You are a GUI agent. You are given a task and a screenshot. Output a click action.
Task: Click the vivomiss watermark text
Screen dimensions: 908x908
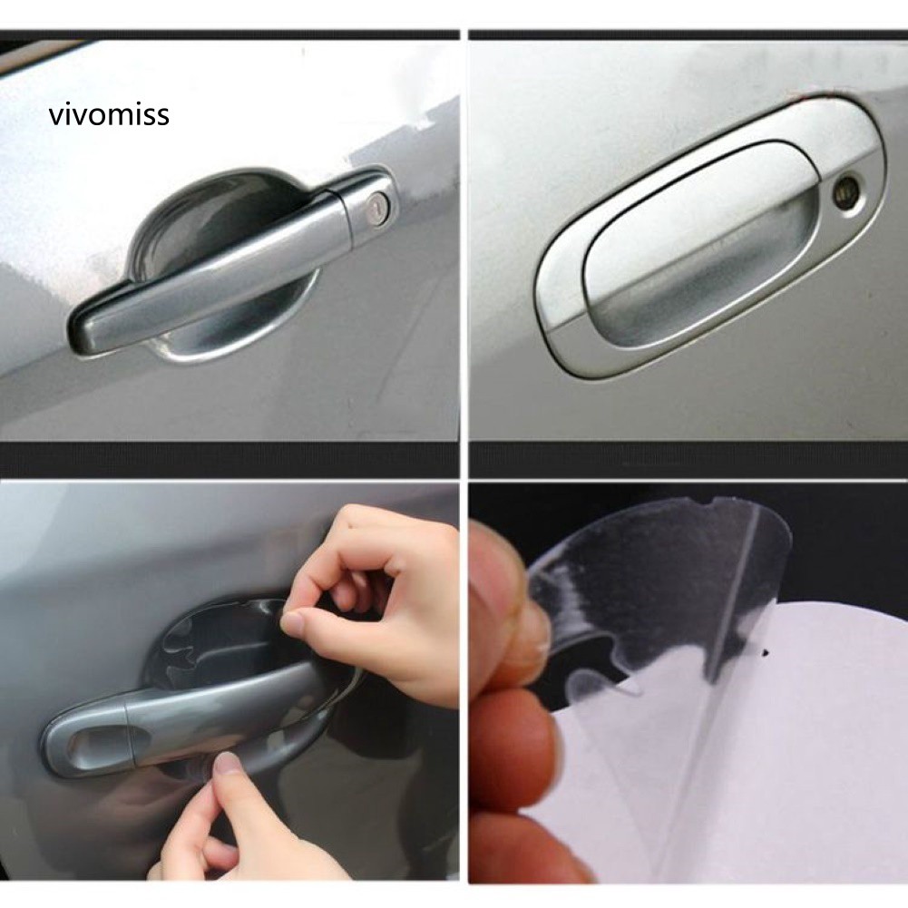110,114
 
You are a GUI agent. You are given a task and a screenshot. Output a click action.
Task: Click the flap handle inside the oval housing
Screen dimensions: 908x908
700,243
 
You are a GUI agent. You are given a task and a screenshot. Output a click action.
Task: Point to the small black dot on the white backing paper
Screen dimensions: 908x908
766,653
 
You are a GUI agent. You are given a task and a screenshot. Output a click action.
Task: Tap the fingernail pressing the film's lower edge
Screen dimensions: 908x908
225,765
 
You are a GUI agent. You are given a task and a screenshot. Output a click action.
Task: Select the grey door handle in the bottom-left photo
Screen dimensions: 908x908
191,718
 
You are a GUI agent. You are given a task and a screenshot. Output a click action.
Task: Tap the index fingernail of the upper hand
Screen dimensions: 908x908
292,624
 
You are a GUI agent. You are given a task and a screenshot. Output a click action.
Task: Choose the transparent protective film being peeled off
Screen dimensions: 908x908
660,585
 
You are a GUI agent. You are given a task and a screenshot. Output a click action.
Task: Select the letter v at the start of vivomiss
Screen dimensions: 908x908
55,117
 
